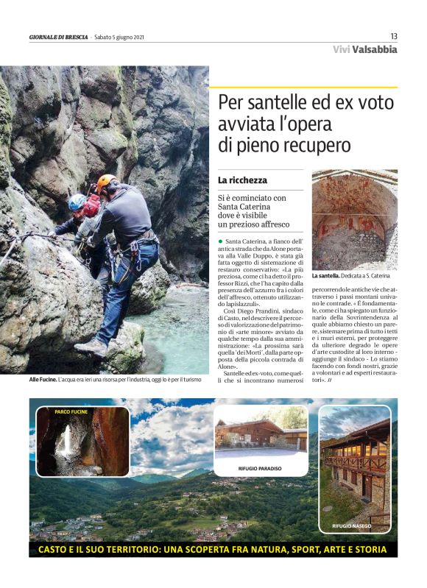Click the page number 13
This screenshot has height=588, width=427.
pyautogui.click(x=393, y=36)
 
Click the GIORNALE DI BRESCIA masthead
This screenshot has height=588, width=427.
pyautogui.click(x=58, y=37)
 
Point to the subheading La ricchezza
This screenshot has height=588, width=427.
pyautogui.click(x=242, y=180)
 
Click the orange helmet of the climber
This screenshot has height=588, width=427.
pyautogui.click(x=107, y=180)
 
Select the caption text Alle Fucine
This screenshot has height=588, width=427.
pyautogui.click(x=43, y=379)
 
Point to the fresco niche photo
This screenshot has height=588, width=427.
pyautogui.click(x=354, y=219)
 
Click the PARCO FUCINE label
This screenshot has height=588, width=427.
pyautogui.click(x=71, y=412)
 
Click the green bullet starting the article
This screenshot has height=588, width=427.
pyautogui.click(x=219, y=241)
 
